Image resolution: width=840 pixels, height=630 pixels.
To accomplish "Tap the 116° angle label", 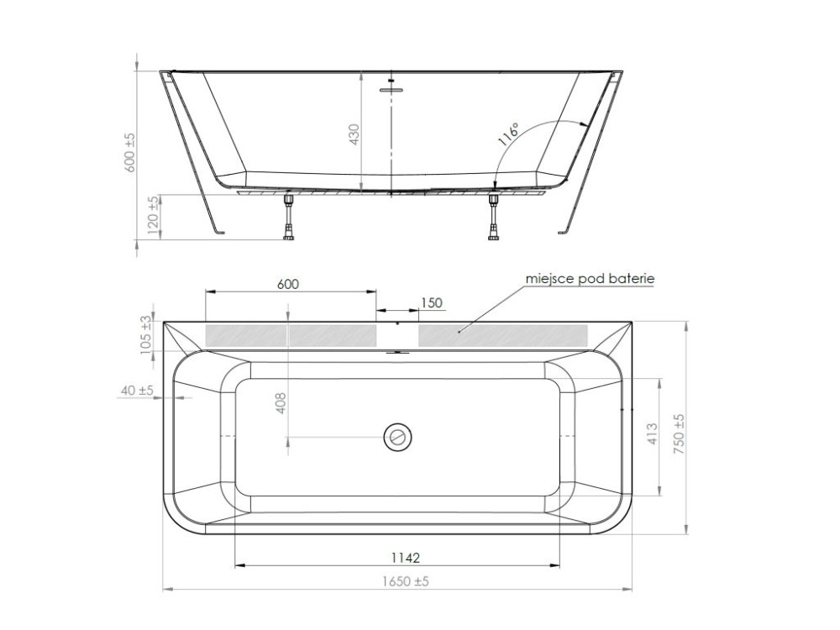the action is click(508, 134).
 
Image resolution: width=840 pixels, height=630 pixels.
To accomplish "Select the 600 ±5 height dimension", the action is click(130, 153).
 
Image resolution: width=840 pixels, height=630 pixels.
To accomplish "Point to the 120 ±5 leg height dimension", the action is click(153, 215).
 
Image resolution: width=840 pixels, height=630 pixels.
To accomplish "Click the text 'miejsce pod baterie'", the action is click(590, 279).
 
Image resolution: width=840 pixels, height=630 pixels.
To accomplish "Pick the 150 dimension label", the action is click(432, 302).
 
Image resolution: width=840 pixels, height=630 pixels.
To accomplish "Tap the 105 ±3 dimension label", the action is click(145, 335).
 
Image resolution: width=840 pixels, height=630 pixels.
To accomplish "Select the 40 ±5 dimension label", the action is click(137, 391).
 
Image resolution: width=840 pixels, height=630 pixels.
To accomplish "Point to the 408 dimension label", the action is click(281, 403).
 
